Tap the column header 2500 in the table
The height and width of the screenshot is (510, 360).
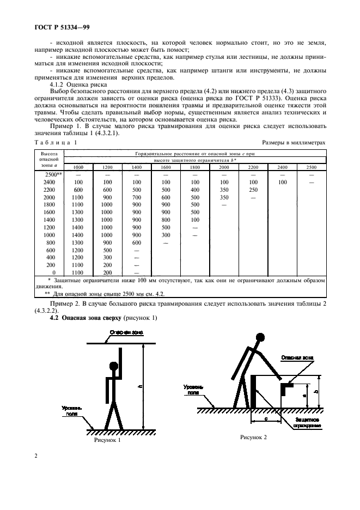click(311, 167)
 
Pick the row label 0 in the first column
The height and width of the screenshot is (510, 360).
click(53, 272)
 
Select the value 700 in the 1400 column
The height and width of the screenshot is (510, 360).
click(136, 197)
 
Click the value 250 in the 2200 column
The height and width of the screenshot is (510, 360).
click(253, 189)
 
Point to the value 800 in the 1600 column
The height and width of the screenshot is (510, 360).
click(166, 219)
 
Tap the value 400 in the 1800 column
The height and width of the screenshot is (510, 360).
click(195, 189)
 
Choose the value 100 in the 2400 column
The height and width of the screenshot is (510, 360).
click(282, 182)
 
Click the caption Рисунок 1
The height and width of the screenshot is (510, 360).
click(107, 440)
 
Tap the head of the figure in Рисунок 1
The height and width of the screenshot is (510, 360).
click(114, 366)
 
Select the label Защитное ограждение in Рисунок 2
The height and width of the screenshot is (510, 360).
click(308, 423)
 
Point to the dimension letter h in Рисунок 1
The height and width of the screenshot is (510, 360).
click(140, 387)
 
